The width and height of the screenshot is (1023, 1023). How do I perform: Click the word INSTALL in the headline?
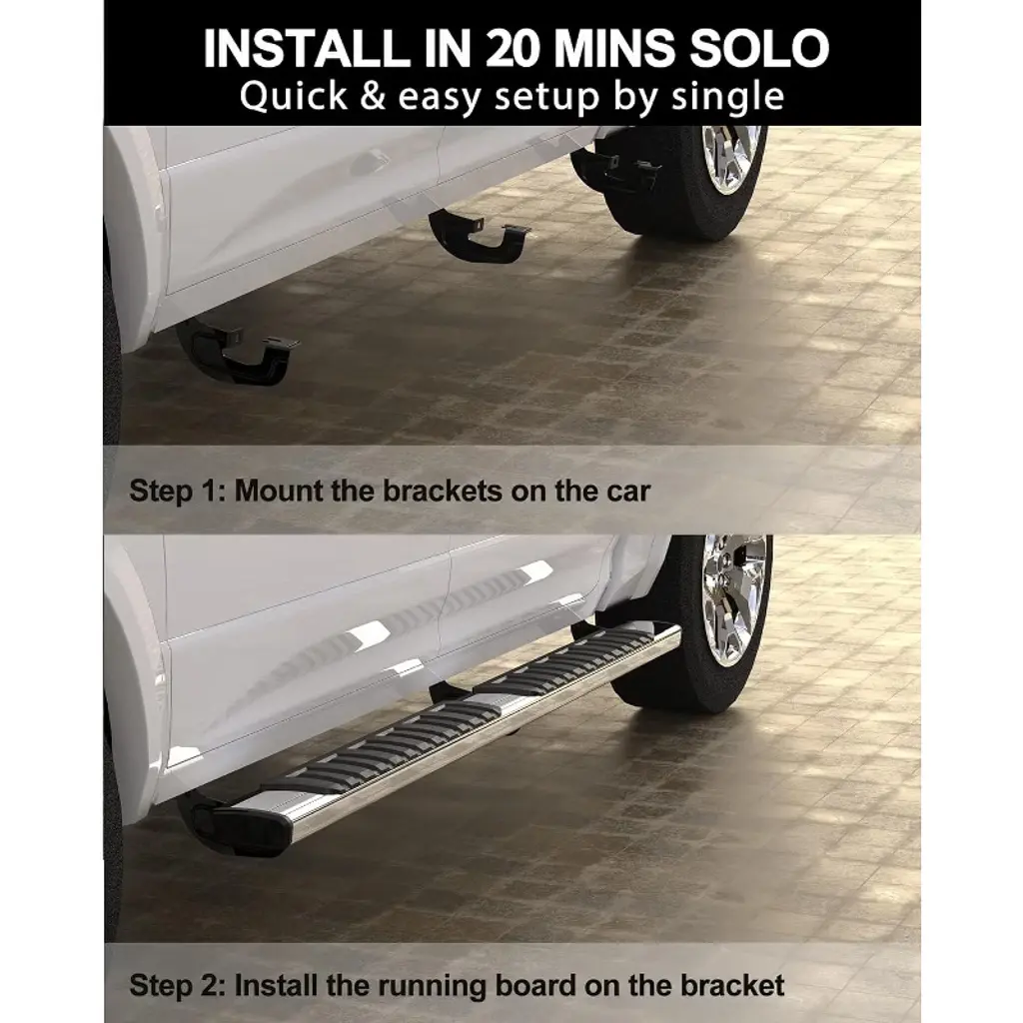(303, 48)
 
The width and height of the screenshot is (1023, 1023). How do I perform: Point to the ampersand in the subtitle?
(373, 96)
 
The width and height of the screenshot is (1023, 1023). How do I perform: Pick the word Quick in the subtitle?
(294, 97)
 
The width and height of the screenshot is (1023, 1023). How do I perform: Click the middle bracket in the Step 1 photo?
(480, 236)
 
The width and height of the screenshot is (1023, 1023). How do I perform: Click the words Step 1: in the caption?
(177, 491)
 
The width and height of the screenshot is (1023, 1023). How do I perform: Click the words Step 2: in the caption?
(177, 984)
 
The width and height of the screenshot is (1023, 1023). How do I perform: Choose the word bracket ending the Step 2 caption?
(732, 984)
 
